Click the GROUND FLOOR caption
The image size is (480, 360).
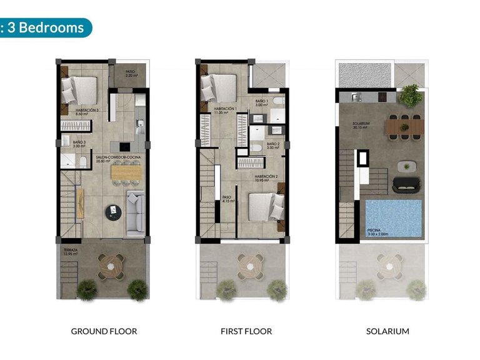[104, 331]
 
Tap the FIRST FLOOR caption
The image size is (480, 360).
[246, 331]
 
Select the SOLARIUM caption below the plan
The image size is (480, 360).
[387, 331]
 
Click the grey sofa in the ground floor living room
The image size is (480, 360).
[136, 214]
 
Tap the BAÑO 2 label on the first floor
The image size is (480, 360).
[273, 146]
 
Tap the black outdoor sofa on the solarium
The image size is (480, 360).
[407, 184]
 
